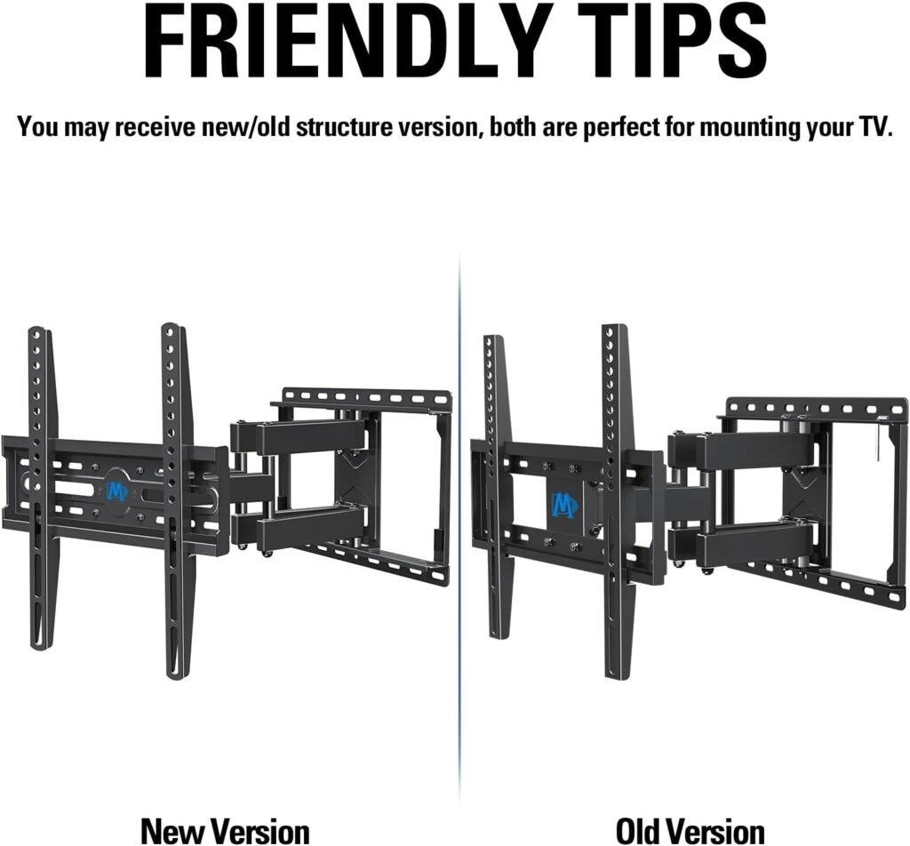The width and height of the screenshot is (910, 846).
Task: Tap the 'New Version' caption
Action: pos(225,815)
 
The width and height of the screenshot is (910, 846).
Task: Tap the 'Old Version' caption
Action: pos(690,815)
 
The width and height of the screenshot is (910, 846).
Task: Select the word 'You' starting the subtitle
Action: pos(37,126)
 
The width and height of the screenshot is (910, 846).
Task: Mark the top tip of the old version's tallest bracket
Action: pos(614,326)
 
